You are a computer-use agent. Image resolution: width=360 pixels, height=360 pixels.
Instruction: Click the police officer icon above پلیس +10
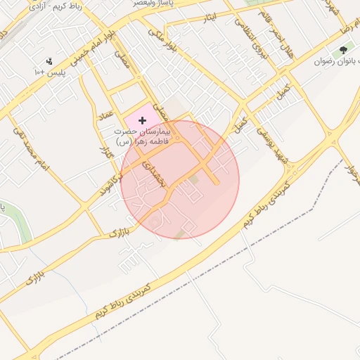pos(48,61)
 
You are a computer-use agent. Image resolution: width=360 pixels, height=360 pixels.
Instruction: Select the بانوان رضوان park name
pos(330,61)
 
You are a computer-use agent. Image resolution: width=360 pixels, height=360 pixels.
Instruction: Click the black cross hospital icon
pos(143,121)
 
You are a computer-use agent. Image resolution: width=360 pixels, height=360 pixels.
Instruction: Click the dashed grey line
pos(281,211)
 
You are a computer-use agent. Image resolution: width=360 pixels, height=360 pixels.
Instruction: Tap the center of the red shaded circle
pos(180,179)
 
